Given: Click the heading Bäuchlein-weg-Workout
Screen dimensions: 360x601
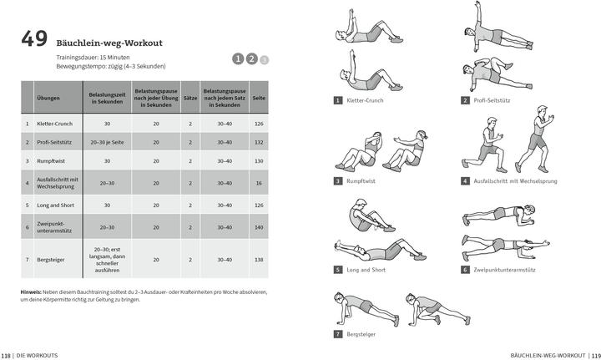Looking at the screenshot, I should tap(109, 43).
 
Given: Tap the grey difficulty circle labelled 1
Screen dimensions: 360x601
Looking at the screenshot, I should tap(238, 58).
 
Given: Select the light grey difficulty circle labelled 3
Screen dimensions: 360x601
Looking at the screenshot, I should tap(265, 59).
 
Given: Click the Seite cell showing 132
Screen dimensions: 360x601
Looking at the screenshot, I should tap(259, 142).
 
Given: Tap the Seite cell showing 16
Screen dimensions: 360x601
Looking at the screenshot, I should tap(259, 182).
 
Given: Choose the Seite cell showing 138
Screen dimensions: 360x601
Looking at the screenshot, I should tap(259, 260).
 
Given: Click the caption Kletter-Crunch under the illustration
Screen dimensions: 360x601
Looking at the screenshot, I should tap(364, 100).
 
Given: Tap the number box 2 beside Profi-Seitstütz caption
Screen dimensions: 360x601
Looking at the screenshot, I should tap(465, 100).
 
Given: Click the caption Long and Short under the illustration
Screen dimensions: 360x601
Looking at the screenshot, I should tap(365, 270).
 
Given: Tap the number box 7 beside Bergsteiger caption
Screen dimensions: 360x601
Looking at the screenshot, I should tap(338, 334).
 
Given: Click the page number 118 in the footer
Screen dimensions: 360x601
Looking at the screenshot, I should tap(7, 354).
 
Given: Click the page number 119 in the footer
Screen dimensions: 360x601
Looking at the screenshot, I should tap(594, 354).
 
